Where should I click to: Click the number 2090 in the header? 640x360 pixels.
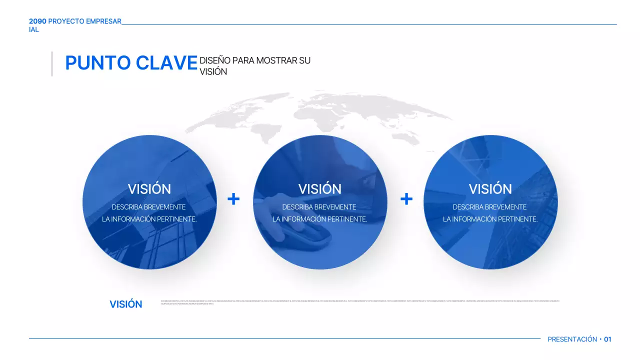(37, 21)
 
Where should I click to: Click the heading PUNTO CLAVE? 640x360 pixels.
(131, 63)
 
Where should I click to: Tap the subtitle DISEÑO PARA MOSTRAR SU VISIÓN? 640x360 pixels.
(254, 66)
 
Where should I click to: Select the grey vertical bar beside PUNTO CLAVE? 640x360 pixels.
(51, 63)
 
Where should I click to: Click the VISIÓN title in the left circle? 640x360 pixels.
(149, 189)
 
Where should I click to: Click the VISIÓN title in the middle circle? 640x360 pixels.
(320, 189)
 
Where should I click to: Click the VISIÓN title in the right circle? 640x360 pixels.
(490, 189)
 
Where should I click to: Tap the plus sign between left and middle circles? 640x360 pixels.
(233, 199)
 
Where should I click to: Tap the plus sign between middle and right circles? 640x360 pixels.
(406, 199)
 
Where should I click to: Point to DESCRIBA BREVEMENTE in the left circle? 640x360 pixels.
(148, 207)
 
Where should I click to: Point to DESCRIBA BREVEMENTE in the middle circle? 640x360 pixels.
(319, 207)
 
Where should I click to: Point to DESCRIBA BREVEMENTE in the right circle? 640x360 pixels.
(489, 207)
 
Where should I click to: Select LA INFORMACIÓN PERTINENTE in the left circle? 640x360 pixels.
(149, 219)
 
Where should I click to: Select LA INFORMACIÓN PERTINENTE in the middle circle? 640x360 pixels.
(319, 219)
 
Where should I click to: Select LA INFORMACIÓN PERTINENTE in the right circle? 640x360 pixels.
(490, 219)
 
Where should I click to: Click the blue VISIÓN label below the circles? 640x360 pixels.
(125, 304)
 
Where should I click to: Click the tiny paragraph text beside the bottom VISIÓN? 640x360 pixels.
(360, 302)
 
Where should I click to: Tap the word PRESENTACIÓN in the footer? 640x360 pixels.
(572, 339)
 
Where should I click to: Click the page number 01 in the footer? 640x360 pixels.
(607, 339)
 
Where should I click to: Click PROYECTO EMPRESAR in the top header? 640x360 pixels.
(84, 21)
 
